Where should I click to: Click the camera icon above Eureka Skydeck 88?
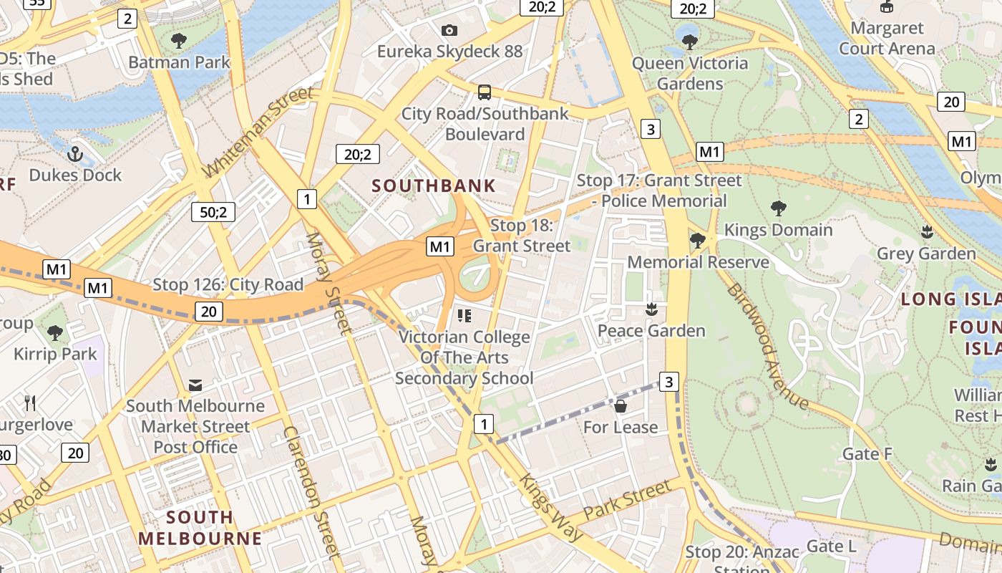[x=449, y=30]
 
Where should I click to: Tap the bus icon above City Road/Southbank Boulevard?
[x=485, y=92]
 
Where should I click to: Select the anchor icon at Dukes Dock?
[x=75, y=153]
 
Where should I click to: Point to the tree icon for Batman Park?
[x=179, y=41]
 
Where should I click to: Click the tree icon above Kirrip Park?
[x=54, y=332]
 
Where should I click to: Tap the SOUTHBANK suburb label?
[x=434, y=186]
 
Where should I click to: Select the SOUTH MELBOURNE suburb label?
[x=200, y=528]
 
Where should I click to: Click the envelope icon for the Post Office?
[x=195, y=385]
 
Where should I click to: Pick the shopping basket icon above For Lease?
[x=621, y=406]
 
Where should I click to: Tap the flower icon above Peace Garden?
[x=651, y=309]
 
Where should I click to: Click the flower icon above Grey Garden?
[x=927, y=232]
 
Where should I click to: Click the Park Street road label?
[x=627, y=501]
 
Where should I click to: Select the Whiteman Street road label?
[x=259, y=133]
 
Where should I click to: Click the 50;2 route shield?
[x=213, y=212]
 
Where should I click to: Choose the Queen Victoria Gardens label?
[x=690, y=73]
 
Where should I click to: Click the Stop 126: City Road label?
[x=228, y=284]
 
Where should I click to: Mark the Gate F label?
[x=867, y=453]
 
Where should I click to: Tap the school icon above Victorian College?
[x=464, y=315]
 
